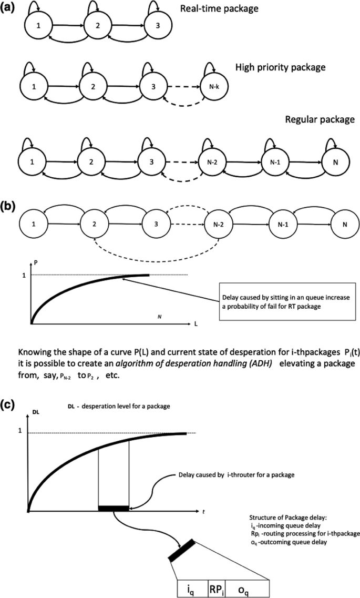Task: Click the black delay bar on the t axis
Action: [114, 508]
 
